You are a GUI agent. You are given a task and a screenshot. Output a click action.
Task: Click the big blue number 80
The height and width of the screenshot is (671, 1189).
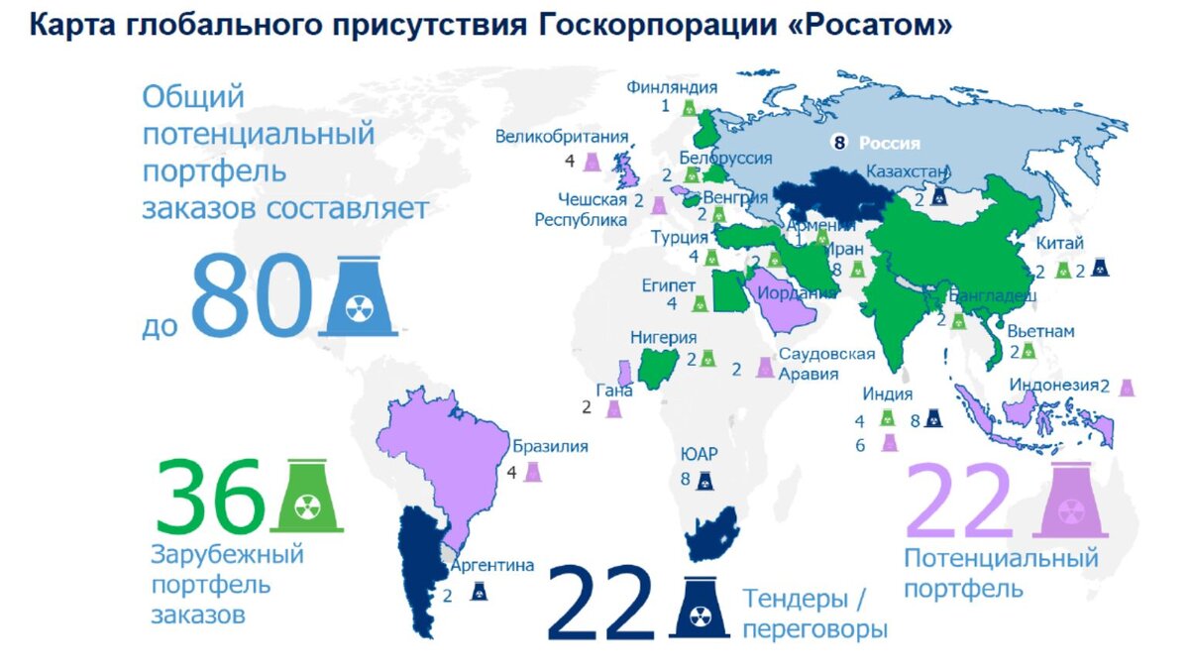[250, 295]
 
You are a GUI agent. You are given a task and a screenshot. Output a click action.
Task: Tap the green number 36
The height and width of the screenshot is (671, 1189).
[210, 497]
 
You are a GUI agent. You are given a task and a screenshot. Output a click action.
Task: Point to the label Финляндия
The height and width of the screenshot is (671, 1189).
[671, 87]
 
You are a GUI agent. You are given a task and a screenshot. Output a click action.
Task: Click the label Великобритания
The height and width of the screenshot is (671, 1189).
[562, 138]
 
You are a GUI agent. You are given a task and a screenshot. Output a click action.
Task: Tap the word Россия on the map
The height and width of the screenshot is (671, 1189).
[890, 143]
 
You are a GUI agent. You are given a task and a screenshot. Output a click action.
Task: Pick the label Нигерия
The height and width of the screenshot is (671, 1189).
[664, 338]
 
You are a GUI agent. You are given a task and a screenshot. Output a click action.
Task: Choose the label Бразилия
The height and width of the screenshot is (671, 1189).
[551, 446]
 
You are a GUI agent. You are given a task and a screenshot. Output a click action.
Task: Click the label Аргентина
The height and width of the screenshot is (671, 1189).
[492, 566]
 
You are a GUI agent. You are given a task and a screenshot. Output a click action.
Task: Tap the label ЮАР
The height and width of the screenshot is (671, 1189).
[698, 454]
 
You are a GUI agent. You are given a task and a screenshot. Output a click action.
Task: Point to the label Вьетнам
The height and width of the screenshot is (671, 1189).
[1041, 331]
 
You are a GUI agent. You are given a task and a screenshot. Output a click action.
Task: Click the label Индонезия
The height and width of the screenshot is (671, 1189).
[1054, 386]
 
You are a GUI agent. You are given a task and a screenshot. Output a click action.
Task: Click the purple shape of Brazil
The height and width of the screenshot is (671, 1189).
[446, 456]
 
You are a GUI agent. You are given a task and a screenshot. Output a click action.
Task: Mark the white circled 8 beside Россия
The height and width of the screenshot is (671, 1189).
[842, 143]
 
